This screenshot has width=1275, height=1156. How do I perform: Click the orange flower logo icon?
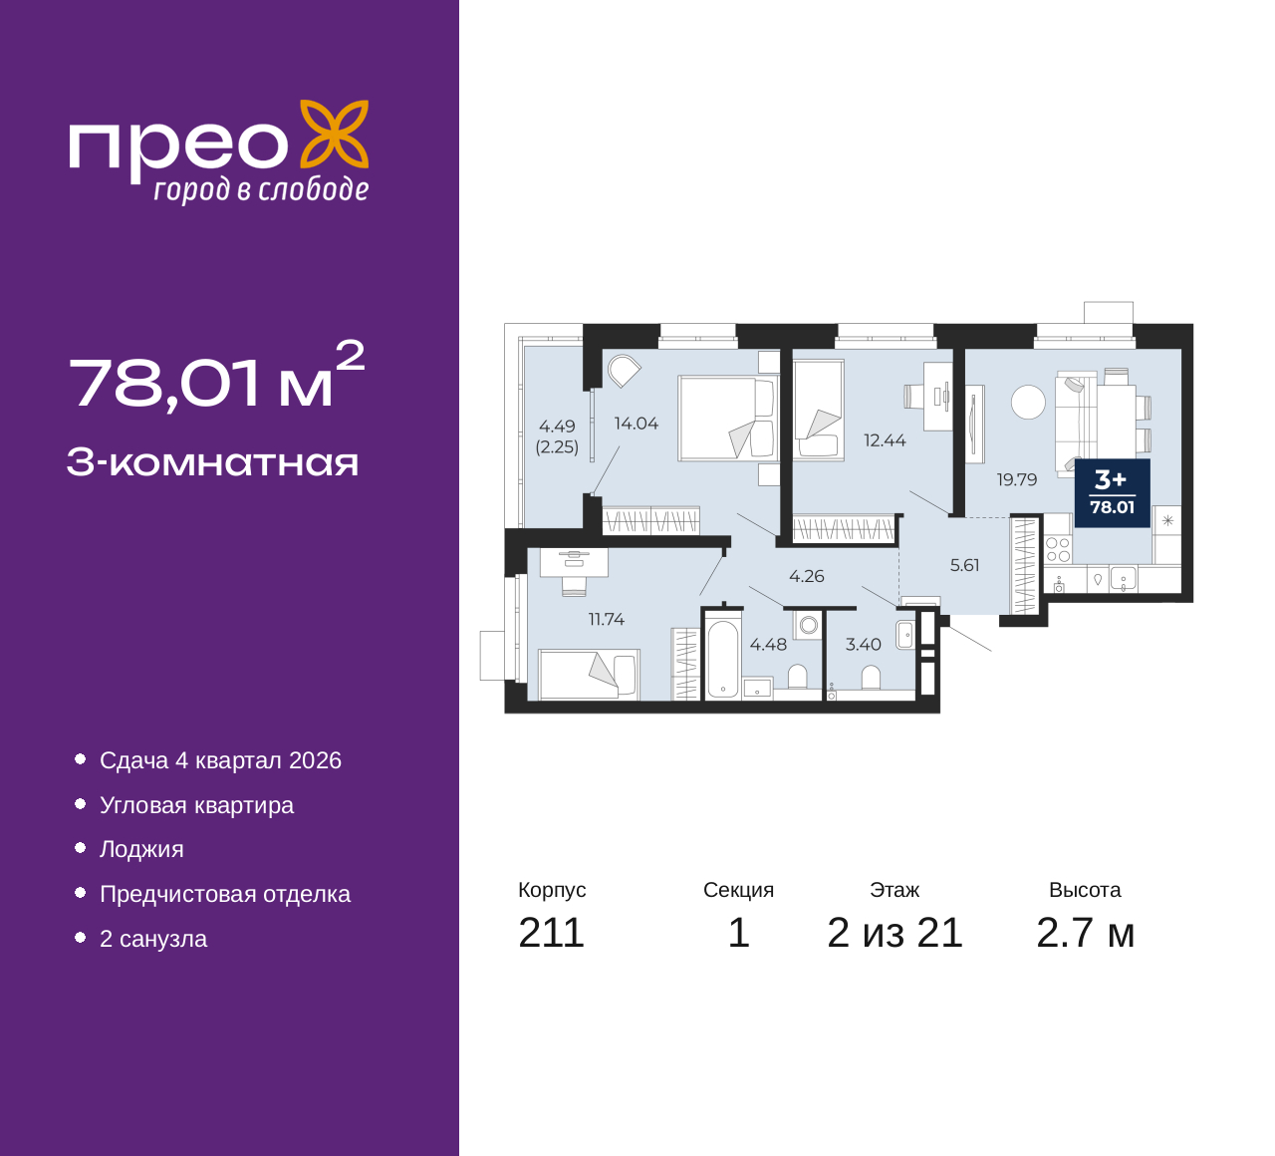coord(335,134)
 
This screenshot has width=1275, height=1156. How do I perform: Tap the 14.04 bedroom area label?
coord(637,424)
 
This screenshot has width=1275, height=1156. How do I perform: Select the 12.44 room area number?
coord(885,440)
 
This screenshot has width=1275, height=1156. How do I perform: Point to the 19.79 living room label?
coord(1017,479)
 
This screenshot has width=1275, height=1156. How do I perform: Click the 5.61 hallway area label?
coord(965,565)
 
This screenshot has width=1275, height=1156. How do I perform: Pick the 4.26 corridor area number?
coord(807,576)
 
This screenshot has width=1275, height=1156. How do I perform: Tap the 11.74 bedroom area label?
coord(607,619)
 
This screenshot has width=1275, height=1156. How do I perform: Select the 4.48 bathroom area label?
coord(768,644)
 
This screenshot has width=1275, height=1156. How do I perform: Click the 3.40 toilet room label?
coord(864,644)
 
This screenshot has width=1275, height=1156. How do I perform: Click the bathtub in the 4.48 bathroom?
coord(723,658)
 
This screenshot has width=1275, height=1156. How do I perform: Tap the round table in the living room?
coord(1028,402)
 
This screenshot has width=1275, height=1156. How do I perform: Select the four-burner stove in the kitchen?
coord(1058,549)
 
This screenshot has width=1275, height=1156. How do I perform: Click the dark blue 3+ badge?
coord(1113,493)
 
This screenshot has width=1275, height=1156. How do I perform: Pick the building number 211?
coord(551,933)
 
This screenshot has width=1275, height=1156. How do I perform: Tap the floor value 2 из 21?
coord(894,933)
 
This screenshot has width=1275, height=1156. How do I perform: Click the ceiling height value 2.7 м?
coord(1085,933)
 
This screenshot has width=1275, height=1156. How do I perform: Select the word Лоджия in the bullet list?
coord(141,850)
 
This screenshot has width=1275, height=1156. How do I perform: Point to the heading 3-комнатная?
coord(213,462)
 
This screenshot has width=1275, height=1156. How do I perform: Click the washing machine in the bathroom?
coord(809,626)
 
